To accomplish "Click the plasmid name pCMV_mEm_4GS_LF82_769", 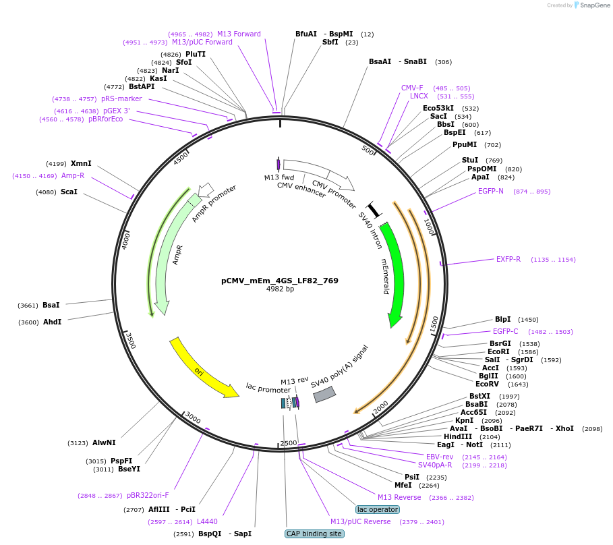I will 280,281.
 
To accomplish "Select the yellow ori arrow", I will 202,368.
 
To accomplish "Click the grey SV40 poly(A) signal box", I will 324,394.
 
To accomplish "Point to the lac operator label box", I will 378,509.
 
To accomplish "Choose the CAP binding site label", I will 314,534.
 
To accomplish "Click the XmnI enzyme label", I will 81,163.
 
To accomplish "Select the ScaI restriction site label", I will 69,192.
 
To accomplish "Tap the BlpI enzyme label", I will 503,319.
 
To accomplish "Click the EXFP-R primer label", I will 508,259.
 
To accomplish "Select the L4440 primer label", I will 207,521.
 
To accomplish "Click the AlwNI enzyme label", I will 104,442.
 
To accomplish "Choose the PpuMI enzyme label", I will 465,144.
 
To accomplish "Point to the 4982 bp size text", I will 280,289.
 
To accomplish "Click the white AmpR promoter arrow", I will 206,189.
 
